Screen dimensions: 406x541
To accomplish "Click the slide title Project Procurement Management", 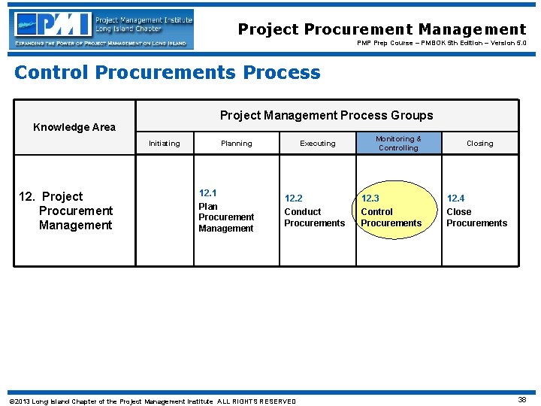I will coord(382,29).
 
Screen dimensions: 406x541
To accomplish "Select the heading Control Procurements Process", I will coord(167,72).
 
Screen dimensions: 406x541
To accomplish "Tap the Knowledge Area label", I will coord(74,127).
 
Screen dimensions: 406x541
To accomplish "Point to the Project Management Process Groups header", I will coord(326,115).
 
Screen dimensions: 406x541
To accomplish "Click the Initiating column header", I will coord(164,144).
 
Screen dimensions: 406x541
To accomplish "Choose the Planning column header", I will coord(236,144).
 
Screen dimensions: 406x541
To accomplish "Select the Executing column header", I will coord(317,144).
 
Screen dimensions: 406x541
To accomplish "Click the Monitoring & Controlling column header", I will coord(398,143).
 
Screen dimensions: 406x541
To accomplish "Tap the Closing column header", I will coord(479,144).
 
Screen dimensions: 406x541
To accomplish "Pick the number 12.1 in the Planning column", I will coord(208,193).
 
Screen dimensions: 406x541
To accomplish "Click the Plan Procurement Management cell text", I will coord(226,217).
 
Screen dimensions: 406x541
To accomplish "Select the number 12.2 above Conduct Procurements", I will coord(293,198).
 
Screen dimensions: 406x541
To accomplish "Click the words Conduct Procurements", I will coord(314,217).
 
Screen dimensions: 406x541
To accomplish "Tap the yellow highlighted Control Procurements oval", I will coord(391,211).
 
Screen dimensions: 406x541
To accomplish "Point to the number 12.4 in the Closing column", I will coord(455,198).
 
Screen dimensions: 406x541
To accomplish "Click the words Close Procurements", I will coord(476,217).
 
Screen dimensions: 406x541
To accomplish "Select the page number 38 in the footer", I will coord(521,400).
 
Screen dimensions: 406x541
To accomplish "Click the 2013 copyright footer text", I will coord(152,401).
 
